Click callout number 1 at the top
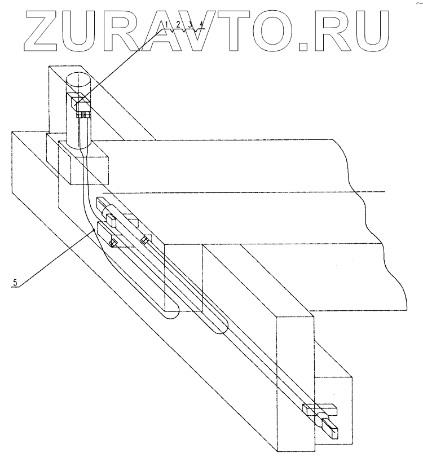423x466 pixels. [168, 24]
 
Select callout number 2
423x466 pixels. [178, 24]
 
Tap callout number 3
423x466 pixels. [191, 24]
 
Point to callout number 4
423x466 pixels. [201, 24]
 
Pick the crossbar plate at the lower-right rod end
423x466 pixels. [319, 409]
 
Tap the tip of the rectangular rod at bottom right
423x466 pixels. [334, 433]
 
